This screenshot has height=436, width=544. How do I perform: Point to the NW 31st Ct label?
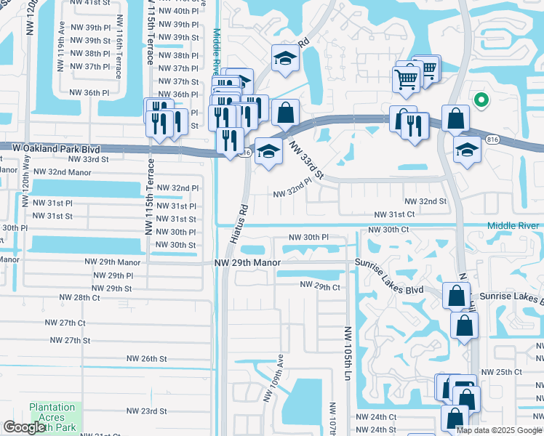(x=394, y=214)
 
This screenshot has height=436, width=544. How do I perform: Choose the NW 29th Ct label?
(x=320, y=287)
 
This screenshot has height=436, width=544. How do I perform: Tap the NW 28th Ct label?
(x=79, y=297)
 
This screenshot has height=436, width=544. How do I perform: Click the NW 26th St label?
(x=147, y=358)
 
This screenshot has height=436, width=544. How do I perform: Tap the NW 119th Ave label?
(x=62, y=43)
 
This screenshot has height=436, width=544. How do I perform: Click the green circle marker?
(x=479, y=101)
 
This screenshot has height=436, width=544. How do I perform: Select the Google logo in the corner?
(x=25, y=427)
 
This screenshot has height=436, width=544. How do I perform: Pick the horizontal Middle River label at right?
(x=513, y=226)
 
